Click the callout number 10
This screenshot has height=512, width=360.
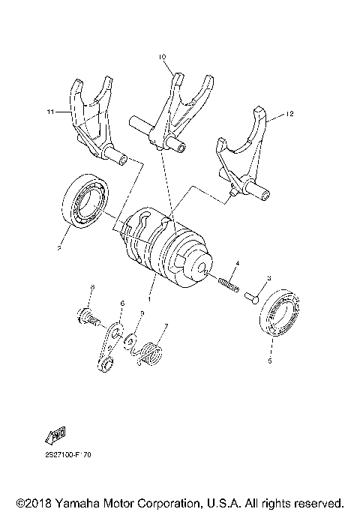pos(162,57)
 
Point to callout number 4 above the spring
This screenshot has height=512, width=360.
pos(237,263)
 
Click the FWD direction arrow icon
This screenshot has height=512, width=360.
pos(55,436)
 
